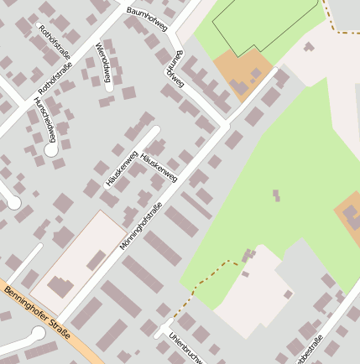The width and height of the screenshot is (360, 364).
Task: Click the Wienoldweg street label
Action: pos(103,64)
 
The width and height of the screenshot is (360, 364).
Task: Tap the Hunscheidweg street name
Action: pos(44,117)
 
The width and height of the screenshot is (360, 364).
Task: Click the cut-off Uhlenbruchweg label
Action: pos(184,348)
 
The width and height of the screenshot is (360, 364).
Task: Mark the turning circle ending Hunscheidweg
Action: pos(51,151)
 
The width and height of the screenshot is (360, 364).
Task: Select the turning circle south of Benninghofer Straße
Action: pos(38,334)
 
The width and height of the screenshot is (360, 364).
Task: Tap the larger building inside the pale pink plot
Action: pos(60,286)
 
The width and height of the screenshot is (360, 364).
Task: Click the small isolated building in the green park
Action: pos(275,195)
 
